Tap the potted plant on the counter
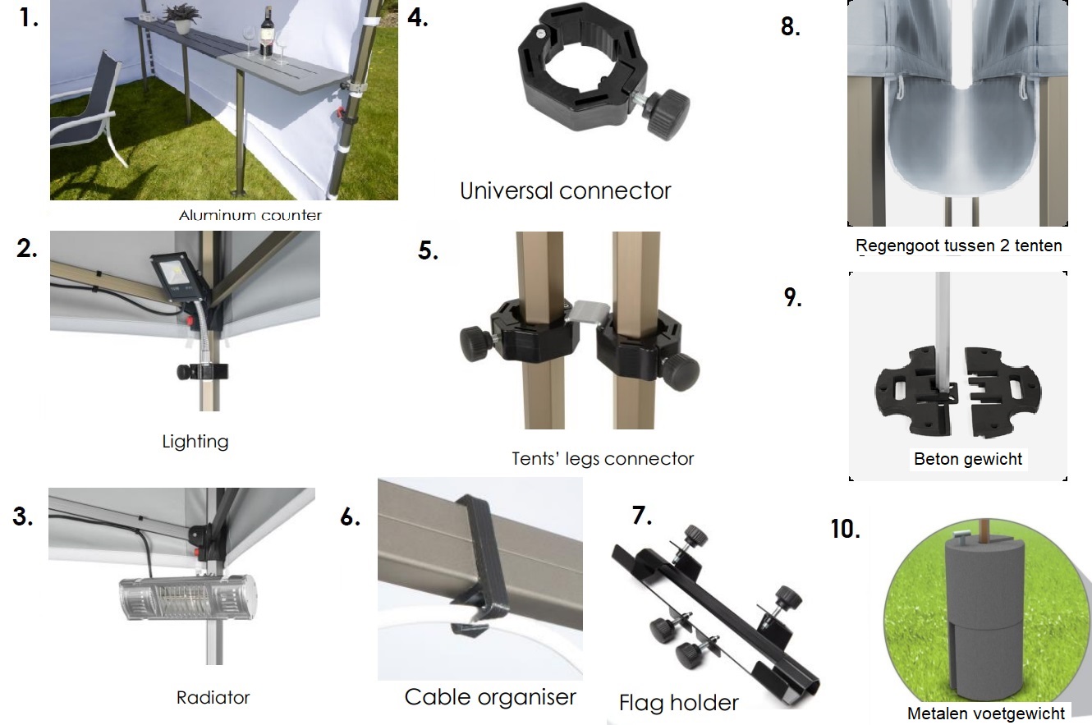point(181,19)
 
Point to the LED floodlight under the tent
point(175,277)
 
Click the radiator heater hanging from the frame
point(188,598)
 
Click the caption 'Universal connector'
point(566,190)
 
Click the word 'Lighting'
point(195,442)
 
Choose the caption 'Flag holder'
point(678,703)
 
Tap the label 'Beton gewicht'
point(968,459)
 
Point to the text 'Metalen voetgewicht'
point(986,714)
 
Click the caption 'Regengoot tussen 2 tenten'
point(958,245)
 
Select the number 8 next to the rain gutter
point(790,26)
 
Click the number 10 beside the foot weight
point(846,529)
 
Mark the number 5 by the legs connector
point(428,250)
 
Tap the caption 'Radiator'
point(213,697)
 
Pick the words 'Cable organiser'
point(490,697)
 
